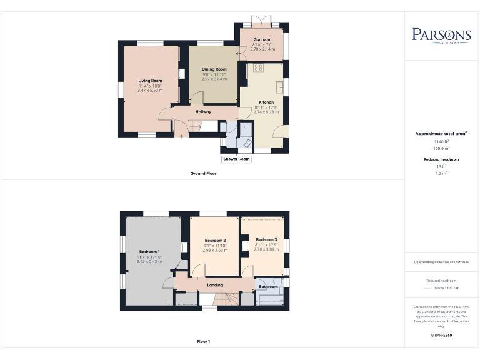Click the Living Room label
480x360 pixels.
coord(150,81)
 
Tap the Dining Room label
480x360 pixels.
coord(214,69)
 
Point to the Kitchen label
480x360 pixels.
coord(266,102)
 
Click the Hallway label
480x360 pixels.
coord(203,112)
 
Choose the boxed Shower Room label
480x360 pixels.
coord(236,159)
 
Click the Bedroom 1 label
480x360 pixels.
coord(150,252)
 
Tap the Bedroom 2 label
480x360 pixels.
coord(215,240)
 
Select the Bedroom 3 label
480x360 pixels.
coord(266,239)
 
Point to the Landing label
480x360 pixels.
coord(215,285)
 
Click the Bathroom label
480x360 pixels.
coord(269,287)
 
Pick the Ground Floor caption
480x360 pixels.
coord(203,173)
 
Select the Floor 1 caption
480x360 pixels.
coord(203,341)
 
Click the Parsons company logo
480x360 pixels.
coord(441,35)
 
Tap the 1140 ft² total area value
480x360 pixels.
coord(441,142)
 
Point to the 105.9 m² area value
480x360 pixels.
coord(441,148)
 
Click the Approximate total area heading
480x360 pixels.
coord(441,133)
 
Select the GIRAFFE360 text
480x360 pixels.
coord(441,336)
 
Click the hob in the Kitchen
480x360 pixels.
coord(258,67)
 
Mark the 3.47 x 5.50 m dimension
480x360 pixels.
coord(150,91)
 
